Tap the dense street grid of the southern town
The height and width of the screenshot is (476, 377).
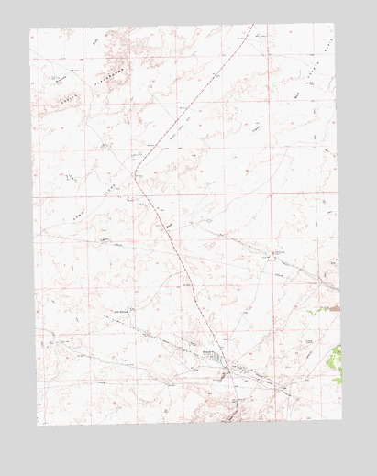[216, 360]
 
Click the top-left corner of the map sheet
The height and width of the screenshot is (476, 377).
[29, 29]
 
